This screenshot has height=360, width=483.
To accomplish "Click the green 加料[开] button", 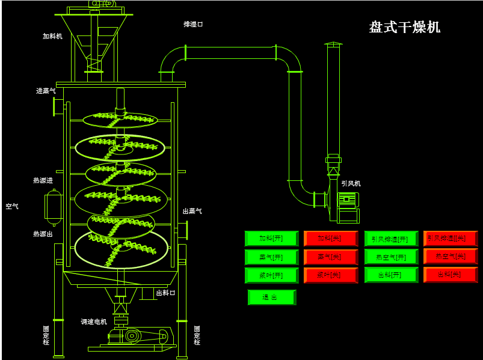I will coord(271,239).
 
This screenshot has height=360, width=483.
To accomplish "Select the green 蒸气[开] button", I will coord(271,257).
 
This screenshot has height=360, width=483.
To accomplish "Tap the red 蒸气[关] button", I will coord(330,257).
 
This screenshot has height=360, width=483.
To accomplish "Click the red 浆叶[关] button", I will coord(330,275).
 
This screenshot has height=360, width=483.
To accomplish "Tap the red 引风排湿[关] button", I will coord(450,239).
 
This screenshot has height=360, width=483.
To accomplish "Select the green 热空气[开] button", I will coord(390,257).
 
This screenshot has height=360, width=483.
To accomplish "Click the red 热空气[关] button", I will coord(450,257).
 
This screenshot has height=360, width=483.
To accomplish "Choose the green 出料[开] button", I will coord(390,275).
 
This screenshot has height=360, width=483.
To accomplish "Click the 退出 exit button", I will coord(271,297).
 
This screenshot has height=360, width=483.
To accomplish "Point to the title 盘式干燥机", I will coord(404,27).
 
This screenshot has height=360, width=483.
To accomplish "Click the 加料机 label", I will coord(52,36).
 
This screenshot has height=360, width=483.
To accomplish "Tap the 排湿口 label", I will coord(193,25).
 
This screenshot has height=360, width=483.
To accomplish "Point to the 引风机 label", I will coord(351,184).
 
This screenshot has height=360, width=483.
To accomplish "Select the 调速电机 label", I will coord(94,322).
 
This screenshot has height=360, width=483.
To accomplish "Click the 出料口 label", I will coord(165,293).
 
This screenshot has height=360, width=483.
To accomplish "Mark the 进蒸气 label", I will coord(46,91).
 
